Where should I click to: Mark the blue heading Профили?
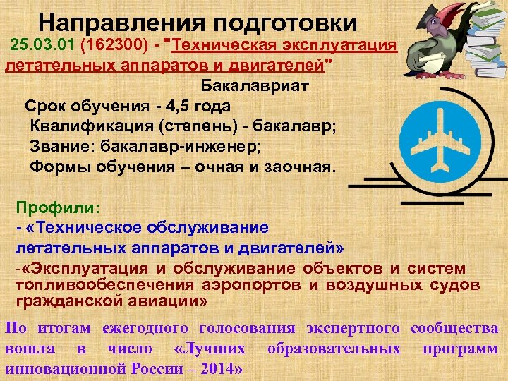point(58,208)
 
